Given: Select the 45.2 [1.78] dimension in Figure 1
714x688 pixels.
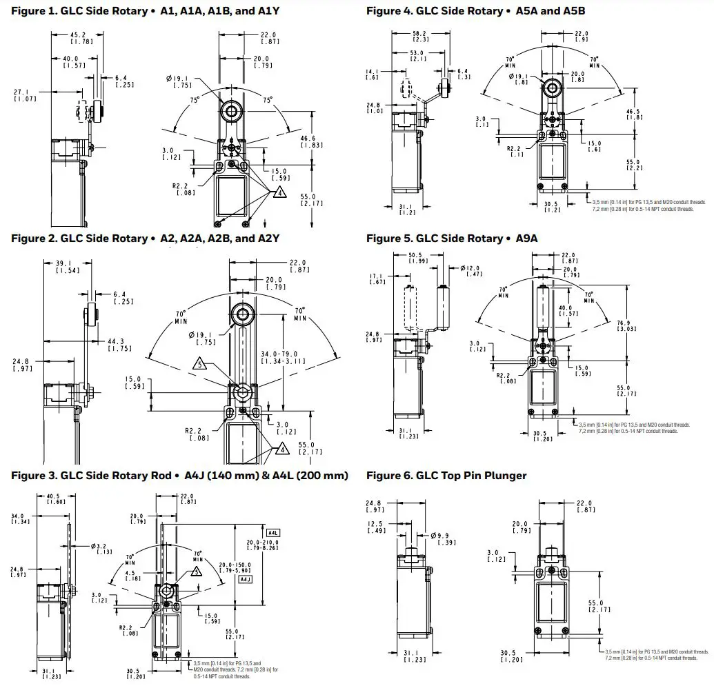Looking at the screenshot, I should tap(77, 39).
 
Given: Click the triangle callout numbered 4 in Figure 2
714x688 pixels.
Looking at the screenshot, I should tap(281, 449).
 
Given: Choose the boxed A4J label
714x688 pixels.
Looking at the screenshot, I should tap(244, 580).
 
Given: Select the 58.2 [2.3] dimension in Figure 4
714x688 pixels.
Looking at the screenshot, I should tap(419, 37).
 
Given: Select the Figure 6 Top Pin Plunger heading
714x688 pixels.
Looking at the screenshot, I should tap(446, 476).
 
